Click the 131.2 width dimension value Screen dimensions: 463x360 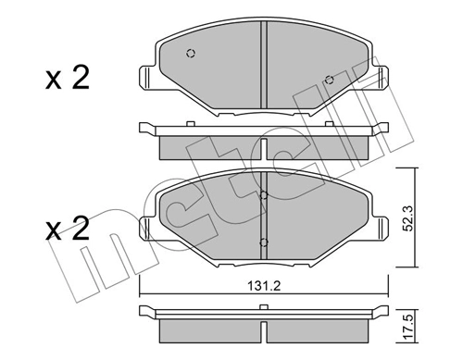pos(264,287)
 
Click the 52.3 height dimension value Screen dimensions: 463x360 pos(409,218)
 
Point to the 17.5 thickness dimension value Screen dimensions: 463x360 pos(409,326)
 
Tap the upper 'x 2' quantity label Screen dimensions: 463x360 pos(68,78)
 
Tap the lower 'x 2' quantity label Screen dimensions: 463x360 pos(68,229)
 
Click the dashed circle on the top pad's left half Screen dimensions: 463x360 pos(191,54)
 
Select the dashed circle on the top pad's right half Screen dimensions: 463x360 pos(330,80)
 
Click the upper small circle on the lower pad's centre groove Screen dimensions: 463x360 pos(264,195)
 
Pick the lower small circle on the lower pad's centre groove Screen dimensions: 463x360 pos(264,242)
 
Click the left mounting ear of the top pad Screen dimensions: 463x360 pos(147,77)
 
